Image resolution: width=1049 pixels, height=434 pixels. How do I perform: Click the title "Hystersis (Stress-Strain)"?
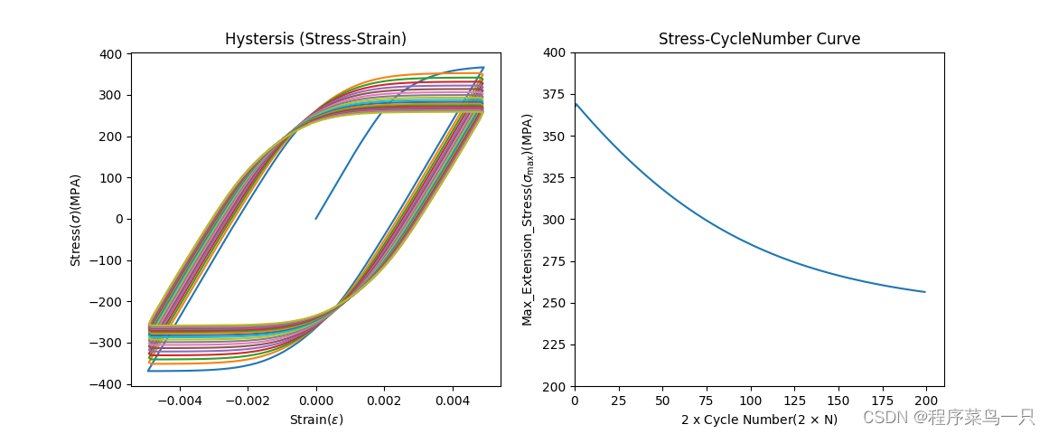coord(315,39)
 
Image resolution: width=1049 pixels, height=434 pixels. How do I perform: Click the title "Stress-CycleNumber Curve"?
coord(759,39)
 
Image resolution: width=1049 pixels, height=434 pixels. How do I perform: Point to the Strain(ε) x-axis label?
coord(316,420)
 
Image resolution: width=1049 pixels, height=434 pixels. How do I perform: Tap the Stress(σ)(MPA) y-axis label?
coord(76,220)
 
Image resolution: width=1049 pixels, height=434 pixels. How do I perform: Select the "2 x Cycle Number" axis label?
coord(759,420)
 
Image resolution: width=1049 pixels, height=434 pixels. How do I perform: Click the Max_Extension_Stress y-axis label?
coord(528,220)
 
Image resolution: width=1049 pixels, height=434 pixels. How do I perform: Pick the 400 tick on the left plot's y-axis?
coord(113,54)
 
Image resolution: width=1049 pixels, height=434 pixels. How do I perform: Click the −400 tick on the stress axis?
coord(109,384)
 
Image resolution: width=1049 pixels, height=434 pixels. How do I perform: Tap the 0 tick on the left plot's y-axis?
coord(119,219)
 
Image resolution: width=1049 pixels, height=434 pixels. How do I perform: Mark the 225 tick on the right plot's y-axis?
coord(554,344)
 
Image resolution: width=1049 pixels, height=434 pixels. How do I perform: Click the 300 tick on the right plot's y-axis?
coord(554,220)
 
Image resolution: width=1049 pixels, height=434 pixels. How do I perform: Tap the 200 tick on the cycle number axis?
coord(927,401)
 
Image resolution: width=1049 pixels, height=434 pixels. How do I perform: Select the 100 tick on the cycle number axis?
coord(751,401)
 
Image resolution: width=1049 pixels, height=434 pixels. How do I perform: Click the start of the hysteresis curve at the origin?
coord(316,219)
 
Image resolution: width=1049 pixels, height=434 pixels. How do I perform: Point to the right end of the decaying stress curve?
coord(925,291)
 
